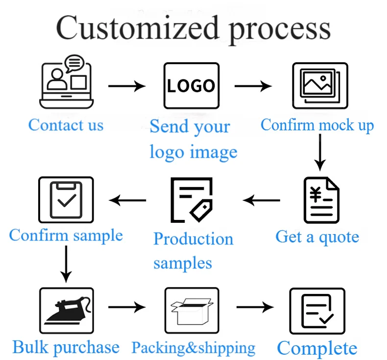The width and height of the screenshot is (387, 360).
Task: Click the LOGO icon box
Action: [x=191, y=86]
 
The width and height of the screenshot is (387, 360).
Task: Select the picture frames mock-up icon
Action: [x=319, y=85]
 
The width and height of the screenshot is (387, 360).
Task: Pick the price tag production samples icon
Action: [x=192, y=200]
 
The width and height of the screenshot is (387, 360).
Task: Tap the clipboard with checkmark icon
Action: [x=65, y=200]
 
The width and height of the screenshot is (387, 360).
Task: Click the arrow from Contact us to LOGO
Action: [x=126, y=86]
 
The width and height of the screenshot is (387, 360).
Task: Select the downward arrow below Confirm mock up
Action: [x=320, y=151]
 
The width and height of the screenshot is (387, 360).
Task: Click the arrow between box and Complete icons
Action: [x=255, y=308]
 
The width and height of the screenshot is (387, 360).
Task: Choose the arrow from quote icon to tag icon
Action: [x=262, y=200]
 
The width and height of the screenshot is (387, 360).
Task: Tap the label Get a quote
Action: [x=317, y=237]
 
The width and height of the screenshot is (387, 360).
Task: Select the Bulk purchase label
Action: [x=66, y=348]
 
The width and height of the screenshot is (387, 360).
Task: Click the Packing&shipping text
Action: [x=193, y=348]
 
